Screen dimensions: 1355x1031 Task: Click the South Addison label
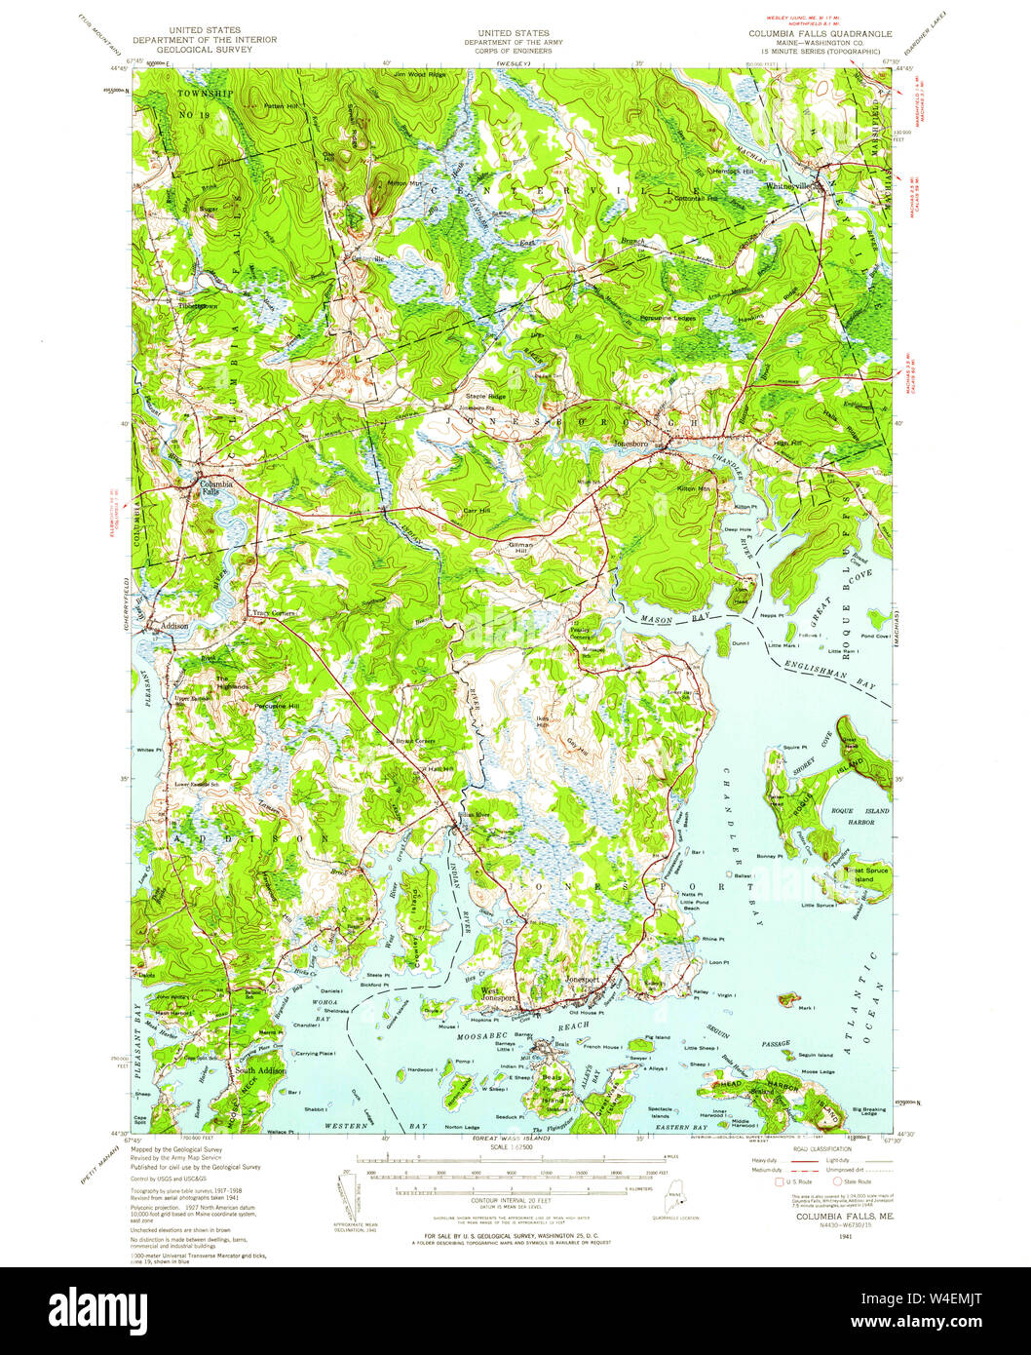click(x=259, y=1070)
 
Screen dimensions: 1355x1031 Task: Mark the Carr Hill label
click(x=477, y=510)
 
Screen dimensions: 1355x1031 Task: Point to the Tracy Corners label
click(x=273, y=613)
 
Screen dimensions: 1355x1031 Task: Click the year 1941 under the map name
click(x=830, y=1236)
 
